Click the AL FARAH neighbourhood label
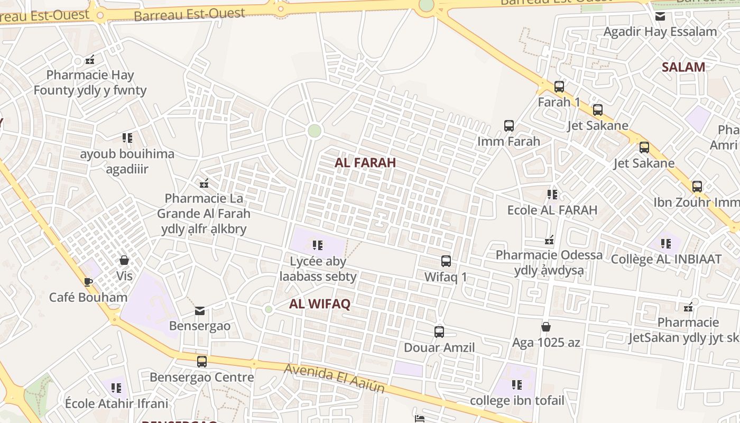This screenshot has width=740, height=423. coord(365,162)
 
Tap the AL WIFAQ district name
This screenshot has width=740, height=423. coord(320,304)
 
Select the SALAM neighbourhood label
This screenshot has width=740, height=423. coord(683,67)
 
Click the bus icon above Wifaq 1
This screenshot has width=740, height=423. coord(446,261)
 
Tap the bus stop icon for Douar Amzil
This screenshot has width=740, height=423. coord(439,332)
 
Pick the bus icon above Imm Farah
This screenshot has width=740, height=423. coord(509,125)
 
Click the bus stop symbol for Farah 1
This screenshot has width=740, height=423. coord(559,86)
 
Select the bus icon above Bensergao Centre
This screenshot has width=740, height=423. coord(202,361)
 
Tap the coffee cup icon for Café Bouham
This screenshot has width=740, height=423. coord(88,282)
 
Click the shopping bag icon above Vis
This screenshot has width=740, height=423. coord(124,260)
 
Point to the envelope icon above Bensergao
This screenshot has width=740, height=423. coord(200,310)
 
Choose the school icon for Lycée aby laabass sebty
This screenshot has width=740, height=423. coord(318,245)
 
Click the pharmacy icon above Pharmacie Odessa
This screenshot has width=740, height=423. coord(549,240)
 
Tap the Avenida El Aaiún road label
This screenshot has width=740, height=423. coord(334,378)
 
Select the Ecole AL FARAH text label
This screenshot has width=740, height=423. coord(552,210)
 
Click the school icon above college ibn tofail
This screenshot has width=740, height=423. coord(517,384)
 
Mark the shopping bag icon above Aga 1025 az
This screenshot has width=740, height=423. coord(546,327)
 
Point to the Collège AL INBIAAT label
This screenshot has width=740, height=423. coord(666,259)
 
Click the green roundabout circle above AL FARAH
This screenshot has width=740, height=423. coord(314,130)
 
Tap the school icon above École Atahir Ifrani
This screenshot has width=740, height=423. coord(116,388)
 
